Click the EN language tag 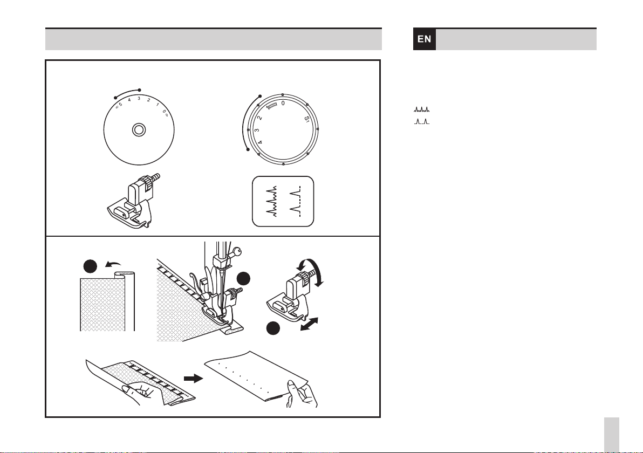(x=425, y=39)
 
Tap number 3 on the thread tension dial (x=139, y=98)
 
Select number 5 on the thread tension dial (x=120, y=105)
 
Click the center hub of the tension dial (x=139, y=130)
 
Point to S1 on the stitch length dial (x=307, y=120)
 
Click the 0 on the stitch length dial (x=283, y=104)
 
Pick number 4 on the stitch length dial (x=259, y=142)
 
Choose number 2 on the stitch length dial (x=259, y=118)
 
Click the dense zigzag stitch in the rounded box (x=271, y=201)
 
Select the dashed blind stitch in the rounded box (x=296, y=201)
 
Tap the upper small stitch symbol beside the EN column (x=421, y=109)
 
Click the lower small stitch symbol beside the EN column (x=421, y=121)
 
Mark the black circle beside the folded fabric (x=90, y=266)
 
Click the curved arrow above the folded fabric (x=113, y=264)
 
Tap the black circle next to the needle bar (x=243, y=278)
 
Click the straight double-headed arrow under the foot (x=309, y=324)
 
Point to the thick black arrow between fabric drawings (x=193, y=378)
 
